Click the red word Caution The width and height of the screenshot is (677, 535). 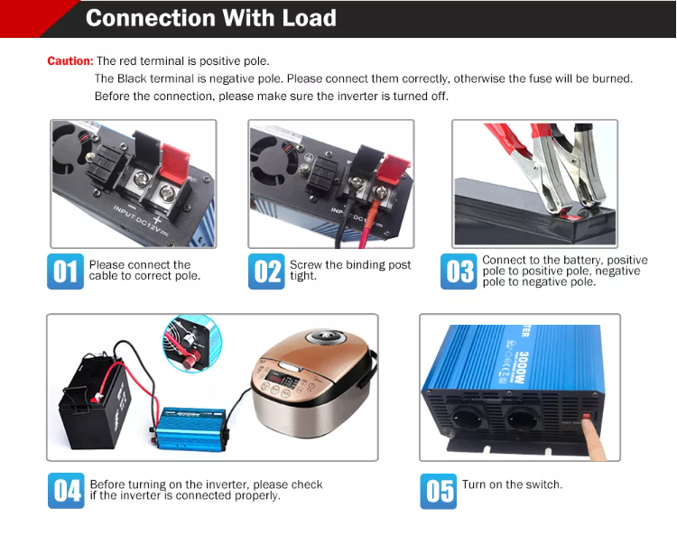pyautogui.click(x=70, y=60)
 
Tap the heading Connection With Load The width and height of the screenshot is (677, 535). pyautogui.click(x=211, y=18)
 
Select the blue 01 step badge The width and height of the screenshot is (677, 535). pyautogui.click(x=65, y=272)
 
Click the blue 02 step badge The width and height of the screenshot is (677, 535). pyautogui.click(x=266, y=272)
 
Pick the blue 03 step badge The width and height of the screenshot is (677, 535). pyautogui.click(x=459, y=272)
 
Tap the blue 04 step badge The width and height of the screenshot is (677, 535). pyautogui.click(x=66, y=491)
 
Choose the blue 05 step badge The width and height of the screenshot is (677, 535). pyautogui.click(x=438, y=491)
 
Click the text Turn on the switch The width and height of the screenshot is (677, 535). pyautogui.click(x=512, y=484)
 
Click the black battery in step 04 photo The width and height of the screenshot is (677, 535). pyautogui.click(x=94, y=401)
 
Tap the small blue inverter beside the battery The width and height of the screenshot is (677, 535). pyautogui.click(x=191, y=429)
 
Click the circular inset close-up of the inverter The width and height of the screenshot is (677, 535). pyautogui.click(x=192, y=343)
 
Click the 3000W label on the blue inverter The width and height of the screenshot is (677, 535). pyautogui.click(x=524, y=367)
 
